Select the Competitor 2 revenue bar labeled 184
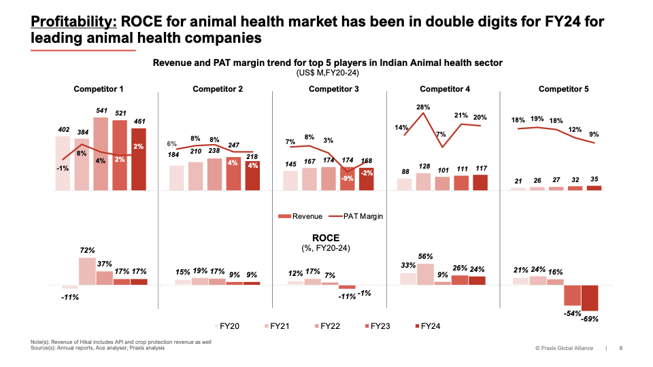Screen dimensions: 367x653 coord(176,177)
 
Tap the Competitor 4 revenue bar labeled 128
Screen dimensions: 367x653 coord(422,181)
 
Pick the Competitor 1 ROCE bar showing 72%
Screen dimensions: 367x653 coord(87,270)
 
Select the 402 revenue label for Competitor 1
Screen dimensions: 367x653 coord(63,129)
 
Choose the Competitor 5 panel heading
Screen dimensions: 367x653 coord(564,89)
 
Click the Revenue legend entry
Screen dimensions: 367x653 coord(301,216)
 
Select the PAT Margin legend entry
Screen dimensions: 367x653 coord(360,216)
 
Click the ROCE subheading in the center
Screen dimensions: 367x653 coord(326,238)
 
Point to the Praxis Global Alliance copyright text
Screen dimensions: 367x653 coord(564,349)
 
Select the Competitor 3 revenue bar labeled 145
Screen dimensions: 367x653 coord(290,181)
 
